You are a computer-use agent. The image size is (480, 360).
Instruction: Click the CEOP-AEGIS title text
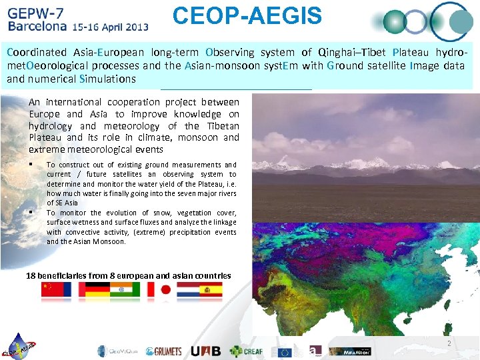(x=247, y=16)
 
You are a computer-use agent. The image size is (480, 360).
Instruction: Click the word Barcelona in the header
(x=37, y=27)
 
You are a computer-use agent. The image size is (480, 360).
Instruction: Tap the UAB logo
(x=205, y=351)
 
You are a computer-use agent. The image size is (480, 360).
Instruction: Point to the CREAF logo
(x=247, y=351)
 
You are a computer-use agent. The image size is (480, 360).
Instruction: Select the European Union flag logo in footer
(x=285, y=351)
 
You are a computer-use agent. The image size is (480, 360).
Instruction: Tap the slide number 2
(x=449, y=343)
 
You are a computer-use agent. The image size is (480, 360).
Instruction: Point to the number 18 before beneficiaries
(x=31, y=275)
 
